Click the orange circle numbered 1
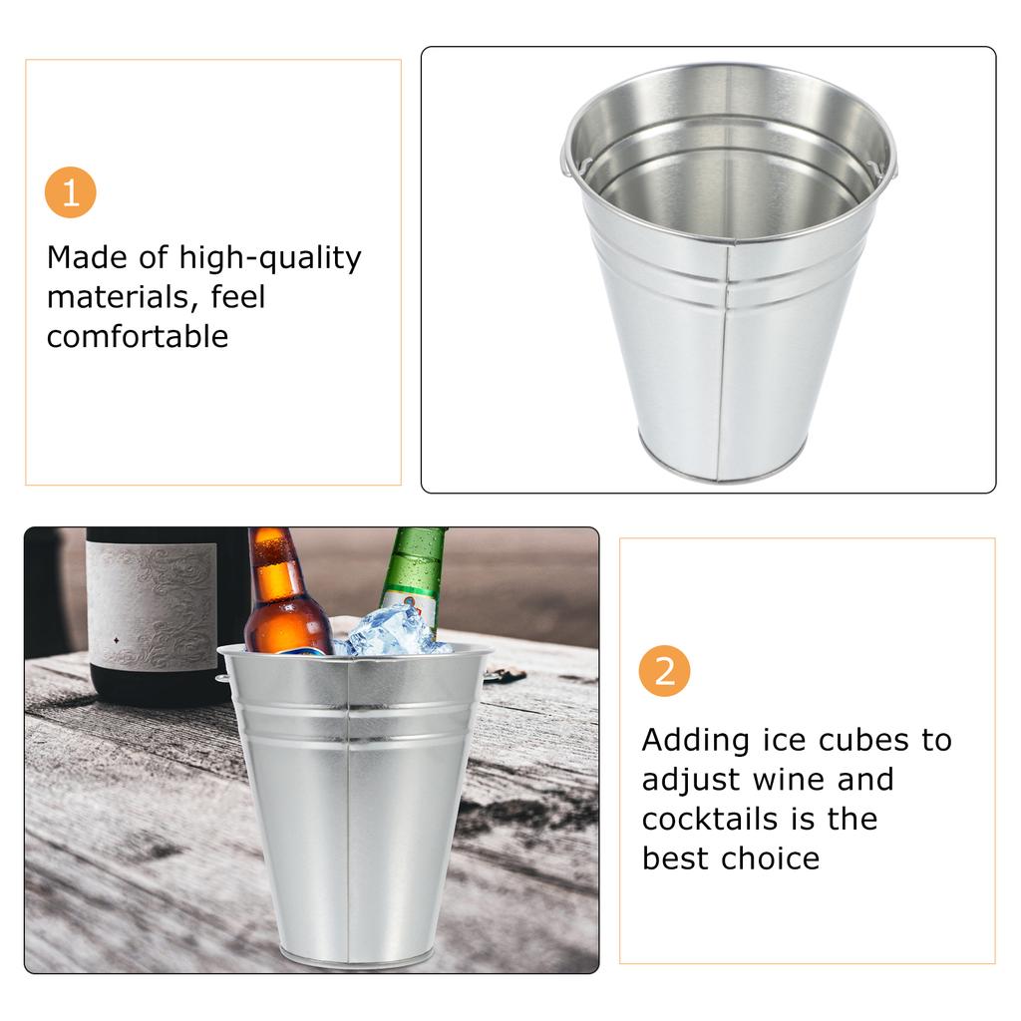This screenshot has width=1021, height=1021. click(x=70, y=192)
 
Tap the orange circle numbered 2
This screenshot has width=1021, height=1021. click(x=664, y=671)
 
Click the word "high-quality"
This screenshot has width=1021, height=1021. click(x=270, y=258)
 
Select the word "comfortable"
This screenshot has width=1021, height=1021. click(x=138, y=337)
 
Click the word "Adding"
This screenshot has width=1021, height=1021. click(x=695, y=741)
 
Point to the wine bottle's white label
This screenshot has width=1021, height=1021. click(x=152, y=604)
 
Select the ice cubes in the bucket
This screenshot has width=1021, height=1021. click(x=391, y=632)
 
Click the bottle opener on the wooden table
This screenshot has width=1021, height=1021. click(x=506, y=675)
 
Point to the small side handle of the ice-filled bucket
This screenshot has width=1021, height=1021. click(x=222, y=679)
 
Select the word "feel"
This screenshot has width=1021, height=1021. click(x=238, y=297)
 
